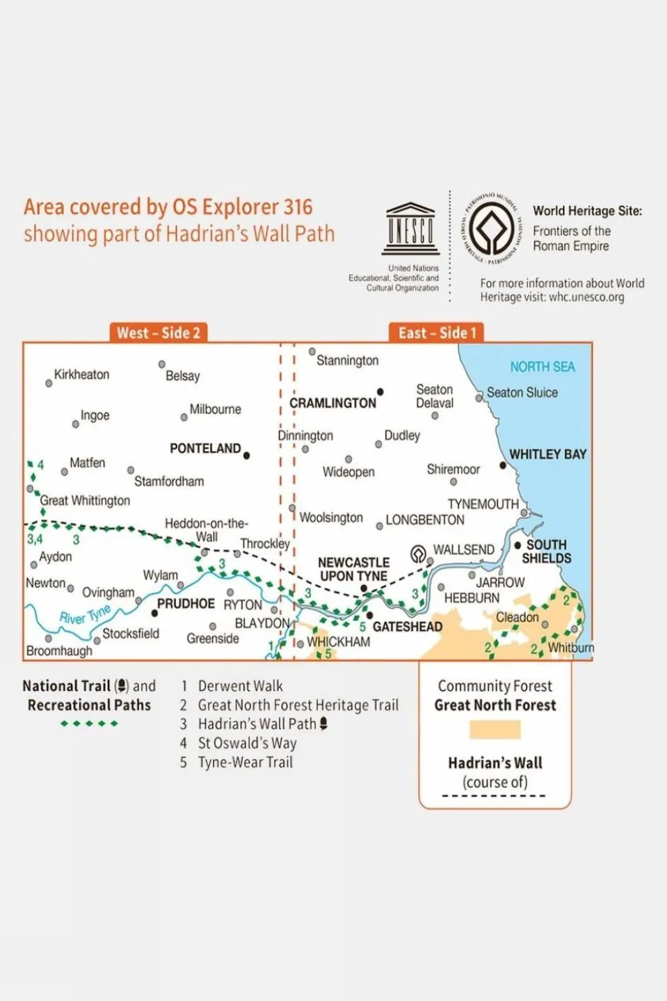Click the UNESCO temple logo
coord(410,229)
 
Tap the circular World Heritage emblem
coord(491,228)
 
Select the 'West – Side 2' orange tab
coord(159,333)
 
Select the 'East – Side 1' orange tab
coord(437,333)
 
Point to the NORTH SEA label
coord(543,367)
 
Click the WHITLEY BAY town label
coord(548,454)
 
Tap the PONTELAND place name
coord(205,449)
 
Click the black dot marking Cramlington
coord(380,392)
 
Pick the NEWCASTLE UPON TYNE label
coord(353,569)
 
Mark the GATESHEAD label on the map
coord(408,627)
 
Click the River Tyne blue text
coord(85,614)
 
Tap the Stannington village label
coord(347,360)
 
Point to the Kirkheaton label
coord(81,374)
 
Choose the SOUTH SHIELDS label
coord(547,552)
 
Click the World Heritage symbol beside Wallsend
coord(418,554)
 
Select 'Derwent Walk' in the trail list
coord(240,686)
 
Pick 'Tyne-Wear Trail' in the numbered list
coord(245,762)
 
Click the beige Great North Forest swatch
coord(495,730)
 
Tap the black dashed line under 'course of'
coord(494,796)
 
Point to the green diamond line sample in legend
coord(89,723)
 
